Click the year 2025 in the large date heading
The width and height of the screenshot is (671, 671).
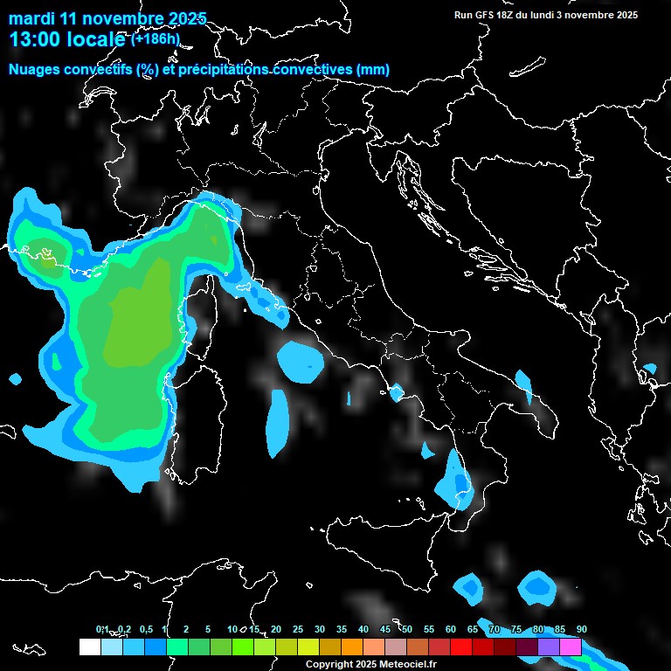click(x=184, y=18)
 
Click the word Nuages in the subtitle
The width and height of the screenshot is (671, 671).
click(x=33, y=70)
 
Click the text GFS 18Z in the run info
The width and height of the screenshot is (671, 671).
click(x=489, y=15)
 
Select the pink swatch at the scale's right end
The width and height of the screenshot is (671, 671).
click(x=571, y=647)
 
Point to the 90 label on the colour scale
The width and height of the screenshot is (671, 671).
click(x=581, y=630)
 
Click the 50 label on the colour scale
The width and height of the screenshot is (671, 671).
click(x=407, y=630)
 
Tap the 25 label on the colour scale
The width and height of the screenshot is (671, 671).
click(x=297, y=630)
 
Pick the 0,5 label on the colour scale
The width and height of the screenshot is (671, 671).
click(x=145, y=630)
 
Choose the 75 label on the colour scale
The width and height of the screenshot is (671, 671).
click(x=516, y=630)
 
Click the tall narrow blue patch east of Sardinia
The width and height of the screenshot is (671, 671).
click(x=279, y=423)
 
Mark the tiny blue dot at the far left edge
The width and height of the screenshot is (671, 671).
click(x=15, y=379)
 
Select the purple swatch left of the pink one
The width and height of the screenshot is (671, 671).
click(x=549, y=647)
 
